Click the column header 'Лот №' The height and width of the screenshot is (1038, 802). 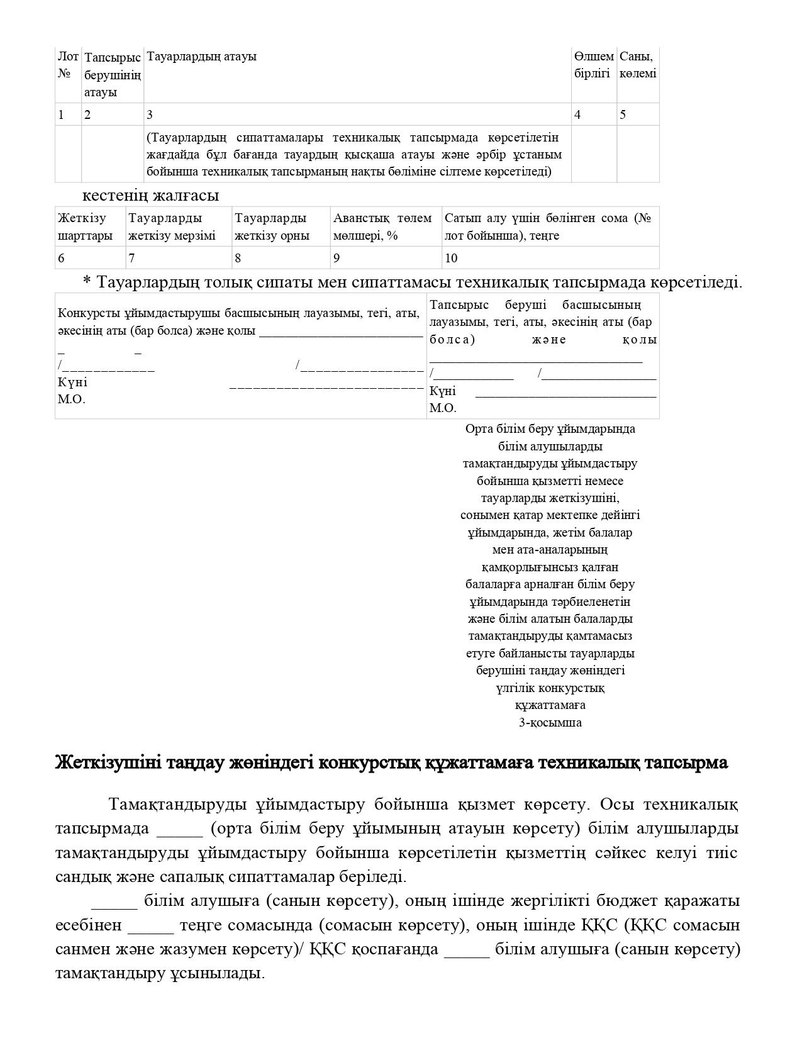tap(68, 65)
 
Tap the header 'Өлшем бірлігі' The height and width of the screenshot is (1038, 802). tap(593, 65)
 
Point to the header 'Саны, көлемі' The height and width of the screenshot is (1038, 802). tap(637, 65)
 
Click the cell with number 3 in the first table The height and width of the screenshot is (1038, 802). tap(150, 114)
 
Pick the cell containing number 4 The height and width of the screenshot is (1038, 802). tap(577, 114)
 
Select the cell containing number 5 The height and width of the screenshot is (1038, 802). tap(623, 114)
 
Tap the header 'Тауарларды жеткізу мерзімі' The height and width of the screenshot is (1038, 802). tap(172, 227)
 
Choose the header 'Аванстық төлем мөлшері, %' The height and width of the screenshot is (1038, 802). tap(382, 227)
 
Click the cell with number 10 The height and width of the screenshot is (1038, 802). tap(451, 258)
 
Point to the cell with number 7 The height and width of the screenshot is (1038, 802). tap(131, 258)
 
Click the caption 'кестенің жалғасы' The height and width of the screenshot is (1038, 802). tap(150, 195)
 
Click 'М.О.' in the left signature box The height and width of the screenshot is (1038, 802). tap(71, 399)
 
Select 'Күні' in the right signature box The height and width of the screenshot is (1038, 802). tap(442, 391)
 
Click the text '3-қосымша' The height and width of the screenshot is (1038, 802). tap(550, 722)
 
